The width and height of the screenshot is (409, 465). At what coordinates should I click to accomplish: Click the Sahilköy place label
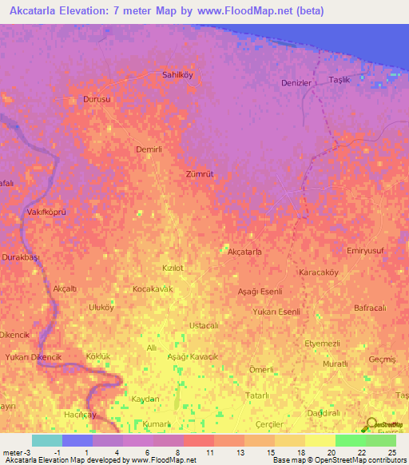177,74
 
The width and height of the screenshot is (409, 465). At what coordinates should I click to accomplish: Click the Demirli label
149,149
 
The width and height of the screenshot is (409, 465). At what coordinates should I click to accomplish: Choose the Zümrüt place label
200,173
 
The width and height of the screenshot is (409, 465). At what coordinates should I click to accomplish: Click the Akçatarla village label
245,252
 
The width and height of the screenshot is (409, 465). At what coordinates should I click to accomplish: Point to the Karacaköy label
319,272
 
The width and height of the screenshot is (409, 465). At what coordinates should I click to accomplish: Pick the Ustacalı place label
204,325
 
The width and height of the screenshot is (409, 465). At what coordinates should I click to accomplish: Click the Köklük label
97,356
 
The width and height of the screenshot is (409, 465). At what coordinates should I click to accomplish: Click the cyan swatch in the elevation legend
46,440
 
